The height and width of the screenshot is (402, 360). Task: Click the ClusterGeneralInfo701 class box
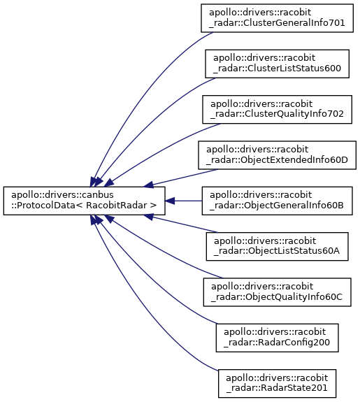[277, 18]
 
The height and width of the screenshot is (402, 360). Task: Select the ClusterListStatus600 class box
[277, 64]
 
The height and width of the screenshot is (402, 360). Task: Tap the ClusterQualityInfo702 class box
[277, 110]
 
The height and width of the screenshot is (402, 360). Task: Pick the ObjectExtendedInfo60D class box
[277, 155]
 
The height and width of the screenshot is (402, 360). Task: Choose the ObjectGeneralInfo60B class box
[277, 201]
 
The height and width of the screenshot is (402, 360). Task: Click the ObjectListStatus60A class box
[277, 246]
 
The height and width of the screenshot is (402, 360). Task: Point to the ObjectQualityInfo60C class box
[277, 292]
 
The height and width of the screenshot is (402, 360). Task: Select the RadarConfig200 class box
[277, 338]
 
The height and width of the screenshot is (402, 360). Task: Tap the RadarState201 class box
[277, 384]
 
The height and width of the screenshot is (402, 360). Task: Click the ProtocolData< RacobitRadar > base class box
[84, 201]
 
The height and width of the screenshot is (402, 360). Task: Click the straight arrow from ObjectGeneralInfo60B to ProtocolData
[183, 201]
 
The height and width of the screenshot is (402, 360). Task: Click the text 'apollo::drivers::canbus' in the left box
[62, 195]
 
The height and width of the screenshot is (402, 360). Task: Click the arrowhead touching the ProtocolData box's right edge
[170, 201]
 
